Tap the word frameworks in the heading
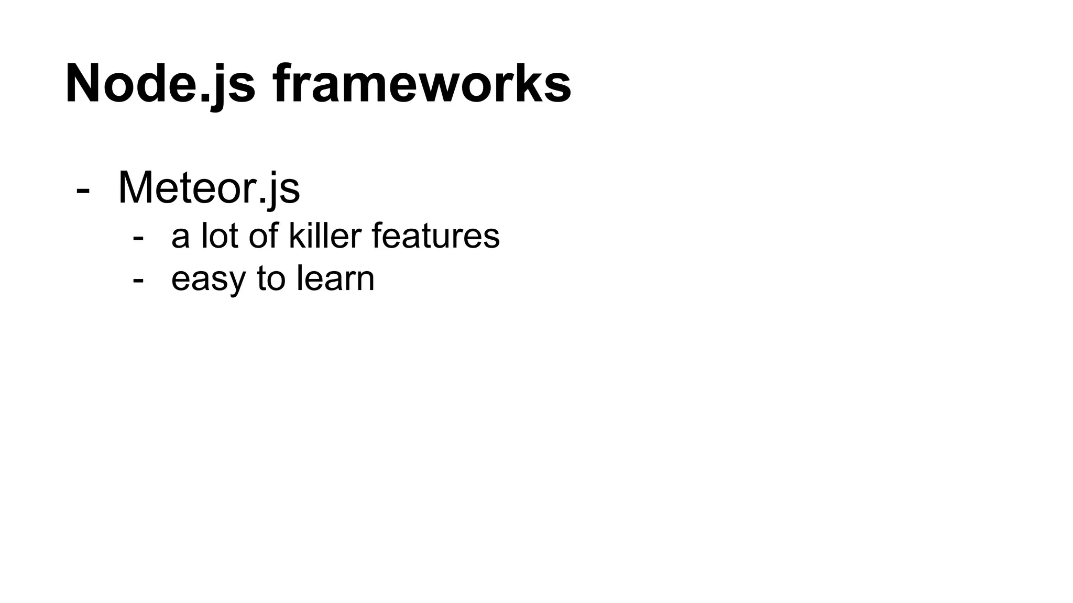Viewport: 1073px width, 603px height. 422,84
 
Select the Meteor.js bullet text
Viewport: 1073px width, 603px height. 209,187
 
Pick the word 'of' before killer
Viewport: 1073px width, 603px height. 264,236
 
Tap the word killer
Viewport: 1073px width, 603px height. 325,236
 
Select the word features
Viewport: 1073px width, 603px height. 435,236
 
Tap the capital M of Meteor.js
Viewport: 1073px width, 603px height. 136,187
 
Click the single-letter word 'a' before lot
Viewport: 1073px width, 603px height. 180,237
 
